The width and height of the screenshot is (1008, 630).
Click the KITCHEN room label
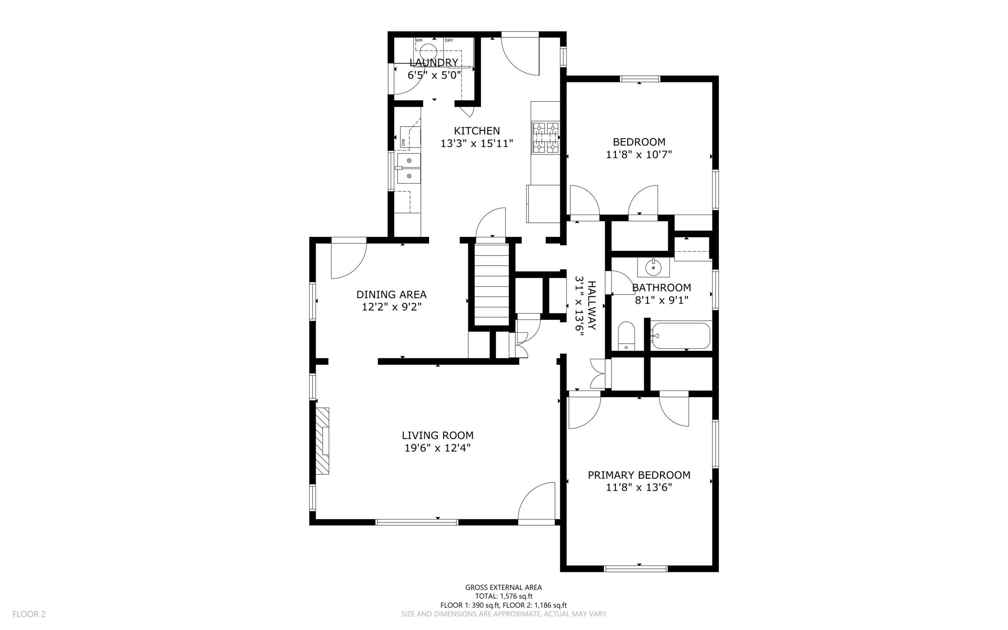click(x=477, y=131)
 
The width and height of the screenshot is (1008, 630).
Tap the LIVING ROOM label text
click(x=437, y=435)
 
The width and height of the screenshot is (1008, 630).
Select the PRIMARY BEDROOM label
click(x=639, y=475)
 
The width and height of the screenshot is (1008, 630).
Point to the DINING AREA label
click(x=391, y=294)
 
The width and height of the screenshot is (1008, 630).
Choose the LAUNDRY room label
click(x=434, y=63)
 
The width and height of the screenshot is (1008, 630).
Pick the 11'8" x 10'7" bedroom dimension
click(x=639, y=155)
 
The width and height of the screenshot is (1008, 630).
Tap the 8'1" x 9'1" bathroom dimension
click(x=662, y=300)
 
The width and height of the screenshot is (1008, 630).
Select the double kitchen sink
click(x=117, y=168)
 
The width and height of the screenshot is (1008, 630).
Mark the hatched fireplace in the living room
click(x=322, y=441)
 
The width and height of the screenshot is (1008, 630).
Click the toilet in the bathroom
click(x=626, y=336)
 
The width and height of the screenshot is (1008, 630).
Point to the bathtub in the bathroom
click(x=680, y=335)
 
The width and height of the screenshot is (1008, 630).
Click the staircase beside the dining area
click(x=492, y=285)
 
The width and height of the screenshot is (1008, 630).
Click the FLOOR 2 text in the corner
click(x=29, y=614)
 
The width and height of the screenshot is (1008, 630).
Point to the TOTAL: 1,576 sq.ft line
click(x=504, y=596)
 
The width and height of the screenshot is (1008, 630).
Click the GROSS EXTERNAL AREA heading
click(x=504, y=588)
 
